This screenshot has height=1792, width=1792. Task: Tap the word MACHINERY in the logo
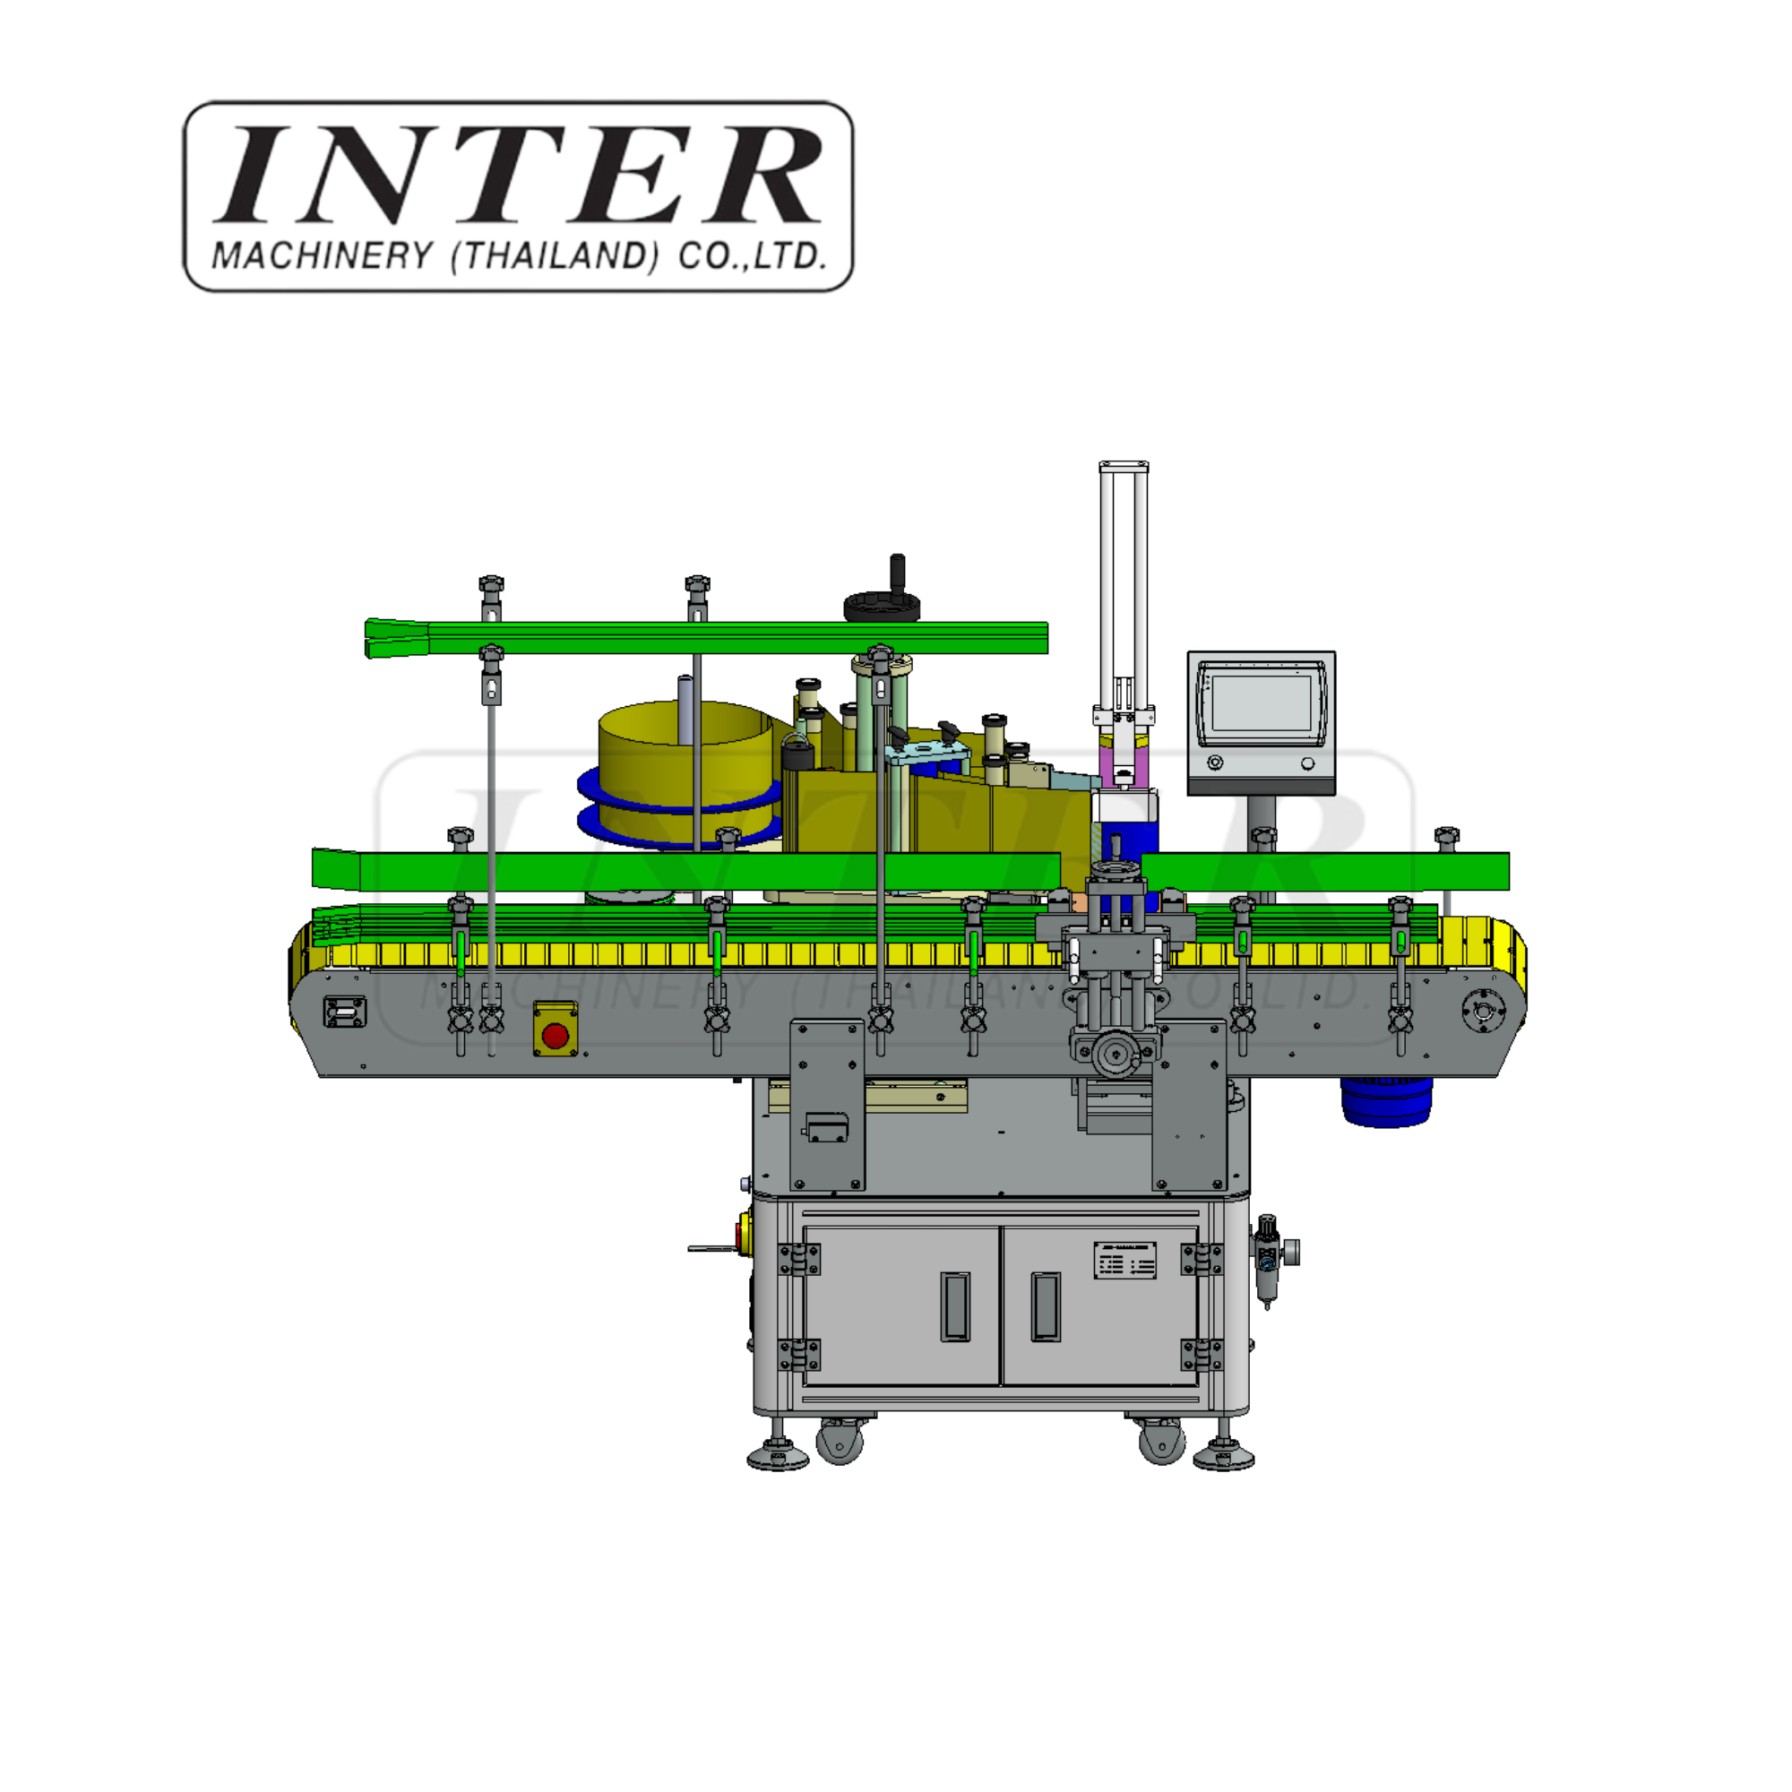322,256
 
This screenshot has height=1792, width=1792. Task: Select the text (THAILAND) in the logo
555,256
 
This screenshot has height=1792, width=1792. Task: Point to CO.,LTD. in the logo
752,256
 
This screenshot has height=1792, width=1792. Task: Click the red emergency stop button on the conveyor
555,1036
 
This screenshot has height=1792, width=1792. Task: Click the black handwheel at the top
881,607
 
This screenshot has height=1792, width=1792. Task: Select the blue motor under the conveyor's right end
1386,1102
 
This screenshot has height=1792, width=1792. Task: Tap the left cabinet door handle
955,1306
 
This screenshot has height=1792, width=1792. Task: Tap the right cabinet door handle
1046,1306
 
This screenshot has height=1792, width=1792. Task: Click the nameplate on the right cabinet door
1124,1260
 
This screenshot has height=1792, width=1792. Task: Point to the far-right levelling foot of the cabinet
1223,1456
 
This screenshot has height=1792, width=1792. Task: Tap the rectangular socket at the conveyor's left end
344,1011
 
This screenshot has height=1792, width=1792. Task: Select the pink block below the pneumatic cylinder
1124,761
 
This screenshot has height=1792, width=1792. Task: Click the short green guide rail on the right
1324,871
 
